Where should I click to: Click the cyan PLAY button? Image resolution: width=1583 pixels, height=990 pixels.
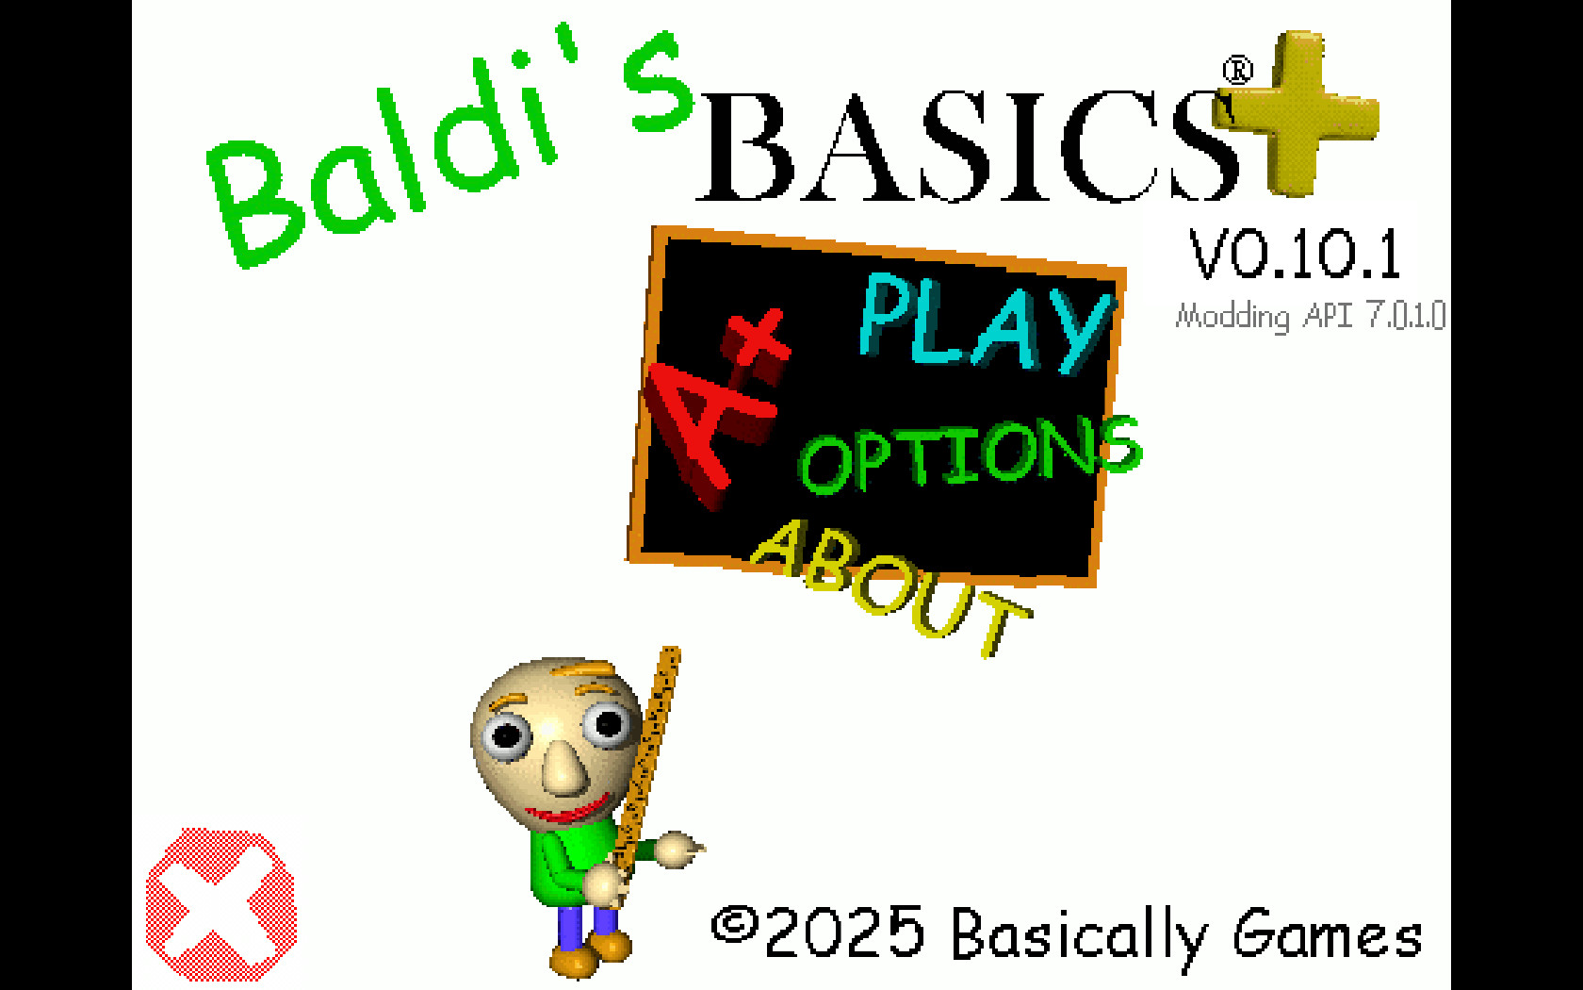[986, 324]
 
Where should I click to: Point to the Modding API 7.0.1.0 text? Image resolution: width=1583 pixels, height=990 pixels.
[1311, 315]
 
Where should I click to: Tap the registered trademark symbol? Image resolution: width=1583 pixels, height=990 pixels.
[1238, 70]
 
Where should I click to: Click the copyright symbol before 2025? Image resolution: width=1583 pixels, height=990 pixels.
[735, 926]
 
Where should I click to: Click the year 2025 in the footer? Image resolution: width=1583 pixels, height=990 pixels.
[845, 932]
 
